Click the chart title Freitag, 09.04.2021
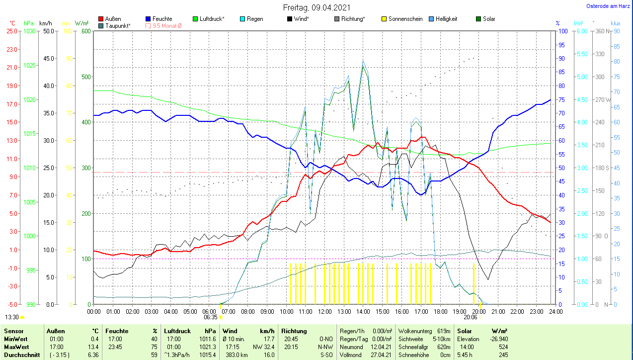[x=316, y=7]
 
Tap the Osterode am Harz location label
[x=609, y=6]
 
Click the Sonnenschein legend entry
[x=402, y=19]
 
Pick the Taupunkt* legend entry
[x=117, y=25]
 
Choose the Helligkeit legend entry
[x=446, y=19]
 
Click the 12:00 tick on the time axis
[x=325, y=312]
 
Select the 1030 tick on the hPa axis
[x=30, y=31]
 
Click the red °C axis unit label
[x=12, y=23]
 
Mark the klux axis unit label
[x=616, y=23]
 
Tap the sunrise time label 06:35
[x=211, y=317]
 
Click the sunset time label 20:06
[x=471, y=317]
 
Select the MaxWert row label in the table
[x=16, y=347]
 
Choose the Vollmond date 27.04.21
[x=382, y=355]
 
